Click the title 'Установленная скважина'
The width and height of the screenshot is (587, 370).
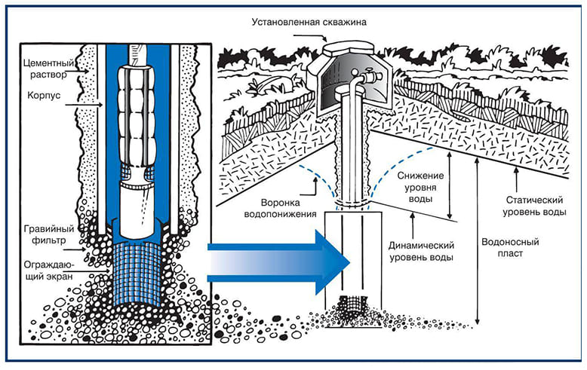[x=309, y=22]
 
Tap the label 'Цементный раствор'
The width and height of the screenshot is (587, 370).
[x=49, y=69]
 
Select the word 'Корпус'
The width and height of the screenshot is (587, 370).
[x=44, y=95]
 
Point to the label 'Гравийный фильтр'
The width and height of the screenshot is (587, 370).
[x=49, y=234]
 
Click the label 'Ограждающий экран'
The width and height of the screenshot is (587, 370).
[x=49, y=271]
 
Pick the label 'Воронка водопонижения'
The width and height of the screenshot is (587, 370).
[x=281, y=208]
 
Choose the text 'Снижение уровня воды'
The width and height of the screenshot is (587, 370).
[x=420, y=187]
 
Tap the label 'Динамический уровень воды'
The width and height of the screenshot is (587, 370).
[x=421, y=251]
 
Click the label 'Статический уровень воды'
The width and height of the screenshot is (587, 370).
[x=534, y=206]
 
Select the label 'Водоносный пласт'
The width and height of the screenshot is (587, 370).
[x=510, y=247]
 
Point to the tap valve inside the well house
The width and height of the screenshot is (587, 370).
[x=370, y=76]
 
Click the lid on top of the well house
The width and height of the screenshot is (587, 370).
[x=348, y=48]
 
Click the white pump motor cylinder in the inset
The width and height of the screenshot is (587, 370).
[x=137, y=209]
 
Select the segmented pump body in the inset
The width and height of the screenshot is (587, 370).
[x=137, y=115]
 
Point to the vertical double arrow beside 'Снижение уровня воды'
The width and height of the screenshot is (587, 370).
[x=450, y=185]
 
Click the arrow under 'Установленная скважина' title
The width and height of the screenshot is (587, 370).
[x=310, y=37]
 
